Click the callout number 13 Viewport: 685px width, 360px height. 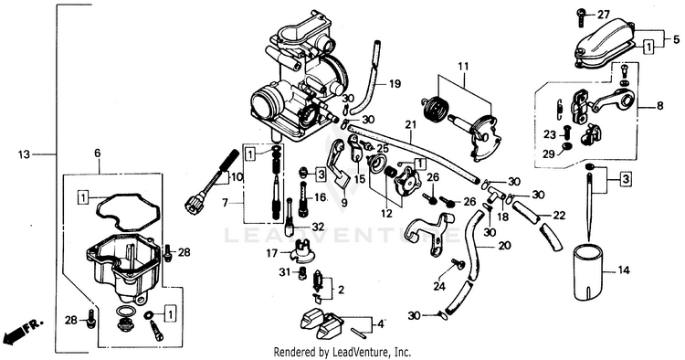25,154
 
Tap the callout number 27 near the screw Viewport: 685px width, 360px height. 604,15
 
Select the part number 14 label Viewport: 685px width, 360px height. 625,270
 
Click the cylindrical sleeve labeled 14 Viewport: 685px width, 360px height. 588,273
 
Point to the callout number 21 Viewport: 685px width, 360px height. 411,125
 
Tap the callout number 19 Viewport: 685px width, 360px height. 395,83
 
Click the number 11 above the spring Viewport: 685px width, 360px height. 463,67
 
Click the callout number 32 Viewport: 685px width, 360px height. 319,227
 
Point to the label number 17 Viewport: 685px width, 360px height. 272,253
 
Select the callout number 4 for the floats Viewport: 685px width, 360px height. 381,324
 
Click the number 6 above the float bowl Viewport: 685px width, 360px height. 97,153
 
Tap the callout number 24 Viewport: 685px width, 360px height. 439,287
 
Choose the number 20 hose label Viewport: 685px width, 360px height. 504,246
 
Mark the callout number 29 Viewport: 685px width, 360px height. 549,154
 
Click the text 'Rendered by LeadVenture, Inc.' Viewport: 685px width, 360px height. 342,352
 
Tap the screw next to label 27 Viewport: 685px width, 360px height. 582,16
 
